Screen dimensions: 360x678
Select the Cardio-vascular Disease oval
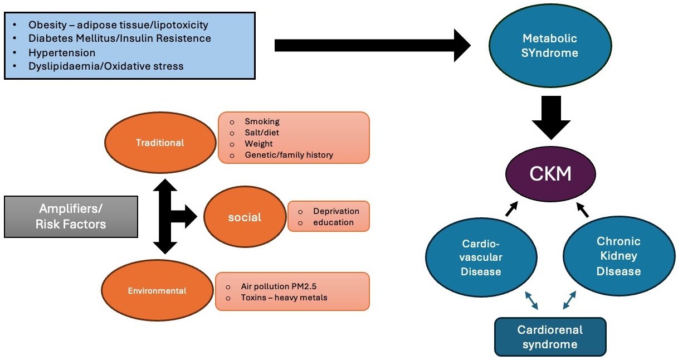[481, 257]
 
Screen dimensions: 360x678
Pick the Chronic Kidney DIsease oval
[618, 256]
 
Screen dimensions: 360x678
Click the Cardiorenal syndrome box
[550, 337]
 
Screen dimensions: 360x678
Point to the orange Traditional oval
[160, 143]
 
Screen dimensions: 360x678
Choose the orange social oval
[245, 217]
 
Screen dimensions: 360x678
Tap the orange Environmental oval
[157, 290]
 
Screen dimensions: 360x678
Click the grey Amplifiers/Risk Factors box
[71, 217]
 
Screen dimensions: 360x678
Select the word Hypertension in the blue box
[62, 52]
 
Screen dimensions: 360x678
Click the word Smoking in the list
[262, 121]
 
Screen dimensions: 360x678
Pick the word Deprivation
[336, 211]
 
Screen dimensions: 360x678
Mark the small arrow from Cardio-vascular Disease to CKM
[511, 209]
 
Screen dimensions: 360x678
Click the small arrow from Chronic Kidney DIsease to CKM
[583, 210]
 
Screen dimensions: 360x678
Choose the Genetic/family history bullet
[289, 154]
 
